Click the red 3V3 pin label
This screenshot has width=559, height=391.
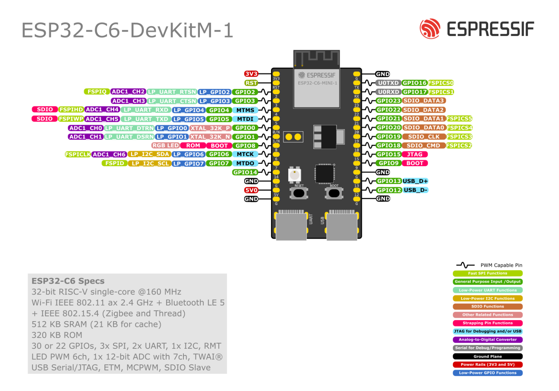click(251, 74)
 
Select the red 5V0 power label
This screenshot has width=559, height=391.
click(251, 190)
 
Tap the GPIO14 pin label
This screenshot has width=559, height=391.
click(245, 172)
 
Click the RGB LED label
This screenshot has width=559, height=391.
click(166, 145)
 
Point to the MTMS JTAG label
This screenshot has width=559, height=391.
click(245, 110)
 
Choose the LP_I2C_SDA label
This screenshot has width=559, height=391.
click(150, 154)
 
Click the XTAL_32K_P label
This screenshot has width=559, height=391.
click(210, 128)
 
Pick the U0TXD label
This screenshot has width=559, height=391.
click(388, 83)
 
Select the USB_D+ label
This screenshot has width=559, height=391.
click(415, 181)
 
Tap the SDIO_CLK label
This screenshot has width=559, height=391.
click(424, 136)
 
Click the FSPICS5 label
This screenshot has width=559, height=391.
click(459, 119)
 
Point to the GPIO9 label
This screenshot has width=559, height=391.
click(389, 163)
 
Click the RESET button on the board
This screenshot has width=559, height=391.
click(299, 193)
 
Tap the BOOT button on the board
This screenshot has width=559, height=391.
click(334, 193)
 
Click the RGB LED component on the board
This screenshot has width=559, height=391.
click(294, 175)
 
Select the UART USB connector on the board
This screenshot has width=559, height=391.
click(291, 226)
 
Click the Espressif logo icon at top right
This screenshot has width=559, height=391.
click(430, 29)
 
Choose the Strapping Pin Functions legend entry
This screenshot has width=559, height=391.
click(488, 323)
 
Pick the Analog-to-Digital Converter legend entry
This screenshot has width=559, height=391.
click(488, 339)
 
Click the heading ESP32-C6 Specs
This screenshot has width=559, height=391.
click(68, 281)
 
